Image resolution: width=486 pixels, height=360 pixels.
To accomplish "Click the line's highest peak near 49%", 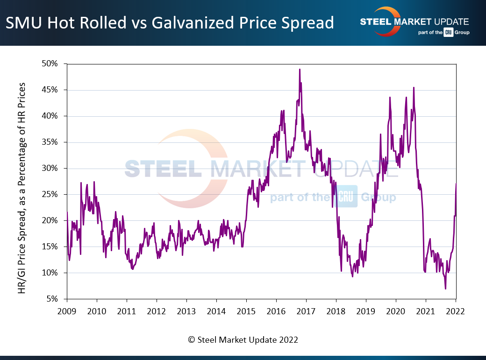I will (300, 70).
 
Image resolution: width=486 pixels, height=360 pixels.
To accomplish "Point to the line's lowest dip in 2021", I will (445, 289).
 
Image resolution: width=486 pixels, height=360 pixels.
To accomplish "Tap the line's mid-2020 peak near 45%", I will (414, 88).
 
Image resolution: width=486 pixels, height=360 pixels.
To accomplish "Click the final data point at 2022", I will (456, 184).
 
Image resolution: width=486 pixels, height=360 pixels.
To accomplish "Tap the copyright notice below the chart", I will (243, 340).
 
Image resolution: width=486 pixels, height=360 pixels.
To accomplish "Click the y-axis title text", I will (22, 189).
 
